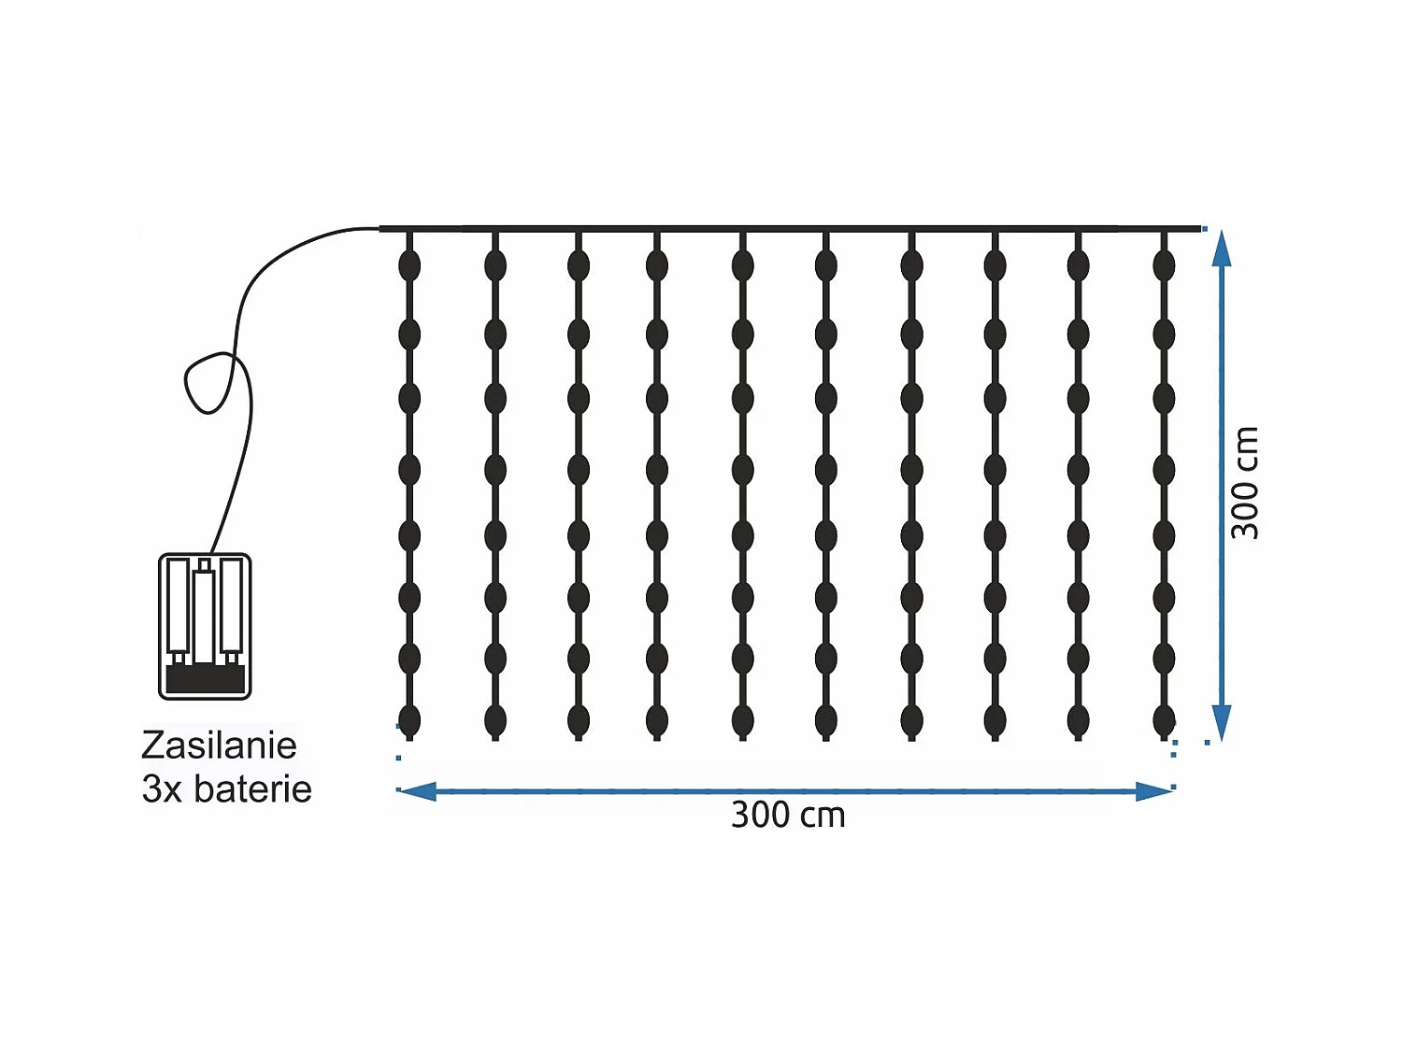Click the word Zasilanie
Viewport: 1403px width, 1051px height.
click(x=219, y=746)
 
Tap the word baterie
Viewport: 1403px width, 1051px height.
click(x=252, y=789)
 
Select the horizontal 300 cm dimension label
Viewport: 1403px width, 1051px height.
click(x=787, y=816)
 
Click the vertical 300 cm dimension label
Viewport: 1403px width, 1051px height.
click(x=1244, y=483)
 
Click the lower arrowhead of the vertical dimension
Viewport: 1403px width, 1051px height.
click(x=1222, y=723)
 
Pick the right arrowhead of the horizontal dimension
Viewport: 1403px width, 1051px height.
click(x=1154, y=791)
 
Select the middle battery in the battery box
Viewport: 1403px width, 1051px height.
click(x=204, y=612)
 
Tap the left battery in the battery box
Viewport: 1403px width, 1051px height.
click(x=179, y=607)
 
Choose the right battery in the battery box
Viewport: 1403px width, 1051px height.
click(x=232, y=607)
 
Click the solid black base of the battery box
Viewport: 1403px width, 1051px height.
click(x=205, y=680)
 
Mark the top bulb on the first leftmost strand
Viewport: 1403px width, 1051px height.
click(x=409, y=265)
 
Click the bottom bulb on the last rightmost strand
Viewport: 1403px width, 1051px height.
click(x=1164, y=720)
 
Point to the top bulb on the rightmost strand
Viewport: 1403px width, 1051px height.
click(x=1164, y=265)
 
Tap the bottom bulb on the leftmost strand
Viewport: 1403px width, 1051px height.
click(x=409, y=720)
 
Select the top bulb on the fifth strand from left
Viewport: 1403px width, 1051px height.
click(x=743, y=265)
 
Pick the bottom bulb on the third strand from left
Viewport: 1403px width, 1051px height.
click(x=579, y=720)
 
